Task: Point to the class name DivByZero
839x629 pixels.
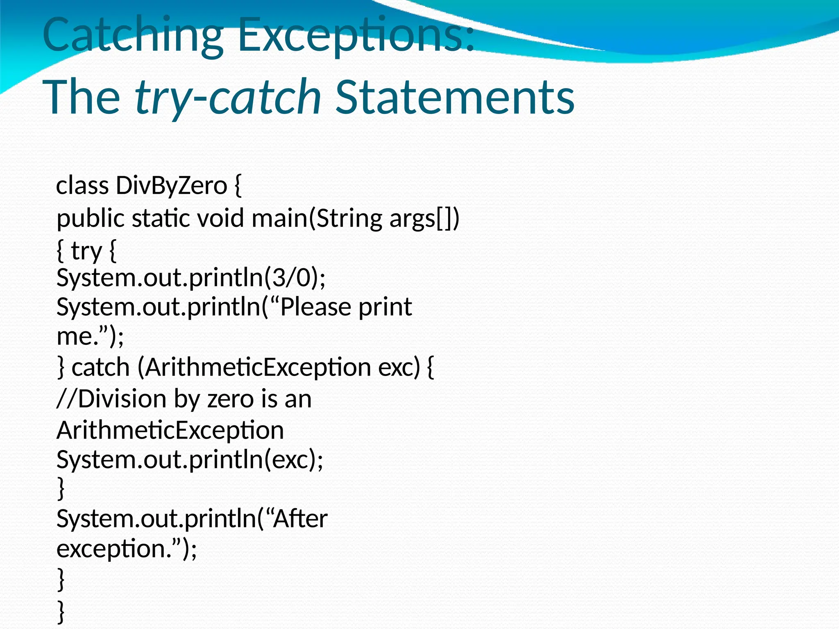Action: pos(171,186)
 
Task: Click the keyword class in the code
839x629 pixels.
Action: pos(82,186)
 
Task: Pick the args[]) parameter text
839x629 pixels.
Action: pos(424,218)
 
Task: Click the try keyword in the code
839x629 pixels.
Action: pos(86,251)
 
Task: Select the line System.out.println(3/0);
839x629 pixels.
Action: pos(191,278)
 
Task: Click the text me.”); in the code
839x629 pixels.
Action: pos(90,336)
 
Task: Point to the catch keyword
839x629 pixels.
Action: pos(101,367)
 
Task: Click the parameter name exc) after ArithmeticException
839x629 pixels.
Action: pos(399,367)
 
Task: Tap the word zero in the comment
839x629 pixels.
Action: pos(230,399)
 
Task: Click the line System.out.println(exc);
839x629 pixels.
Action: pos(190,459)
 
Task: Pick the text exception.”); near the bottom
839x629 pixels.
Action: pos(127,549)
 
